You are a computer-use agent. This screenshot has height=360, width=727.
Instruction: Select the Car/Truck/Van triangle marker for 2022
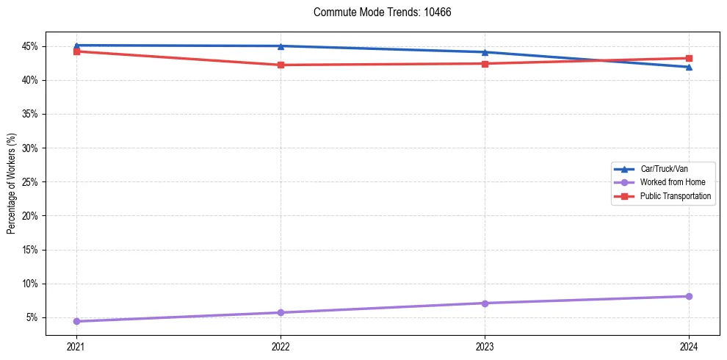tap(281, 46)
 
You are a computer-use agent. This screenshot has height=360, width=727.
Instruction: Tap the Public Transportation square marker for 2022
tap(281, 65)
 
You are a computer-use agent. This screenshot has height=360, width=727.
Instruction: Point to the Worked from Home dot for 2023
tap(485, 303)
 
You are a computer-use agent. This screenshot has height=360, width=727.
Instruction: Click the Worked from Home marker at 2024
tap(689, 296)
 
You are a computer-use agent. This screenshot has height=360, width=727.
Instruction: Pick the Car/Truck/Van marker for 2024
tap(689, 67)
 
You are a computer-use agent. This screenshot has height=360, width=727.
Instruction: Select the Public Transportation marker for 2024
tap(689, 58)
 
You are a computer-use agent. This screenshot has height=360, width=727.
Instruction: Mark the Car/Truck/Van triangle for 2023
tap(485, 52)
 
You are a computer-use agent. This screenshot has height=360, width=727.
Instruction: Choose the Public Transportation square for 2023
tap(485, 63)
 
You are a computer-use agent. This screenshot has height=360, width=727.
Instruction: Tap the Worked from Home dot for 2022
tap(281, 312)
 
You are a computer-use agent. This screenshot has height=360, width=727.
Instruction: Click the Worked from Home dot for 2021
tap(76, 321)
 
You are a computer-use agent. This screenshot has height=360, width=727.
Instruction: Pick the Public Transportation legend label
tap(676, 196)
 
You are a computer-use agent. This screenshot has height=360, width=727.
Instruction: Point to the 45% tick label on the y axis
tap(30, 46)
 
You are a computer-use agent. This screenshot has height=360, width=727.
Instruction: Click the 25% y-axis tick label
tap(30, 182)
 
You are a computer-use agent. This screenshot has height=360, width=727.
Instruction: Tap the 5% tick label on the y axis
tap(32, 317)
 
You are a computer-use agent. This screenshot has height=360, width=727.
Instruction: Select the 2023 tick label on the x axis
tap(485, 345)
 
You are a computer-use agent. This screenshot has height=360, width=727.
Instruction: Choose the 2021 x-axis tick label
tap(76, 345)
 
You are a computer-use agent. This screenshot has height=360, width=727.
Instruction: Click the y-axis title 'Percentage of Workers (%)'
tap(12, 184)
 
